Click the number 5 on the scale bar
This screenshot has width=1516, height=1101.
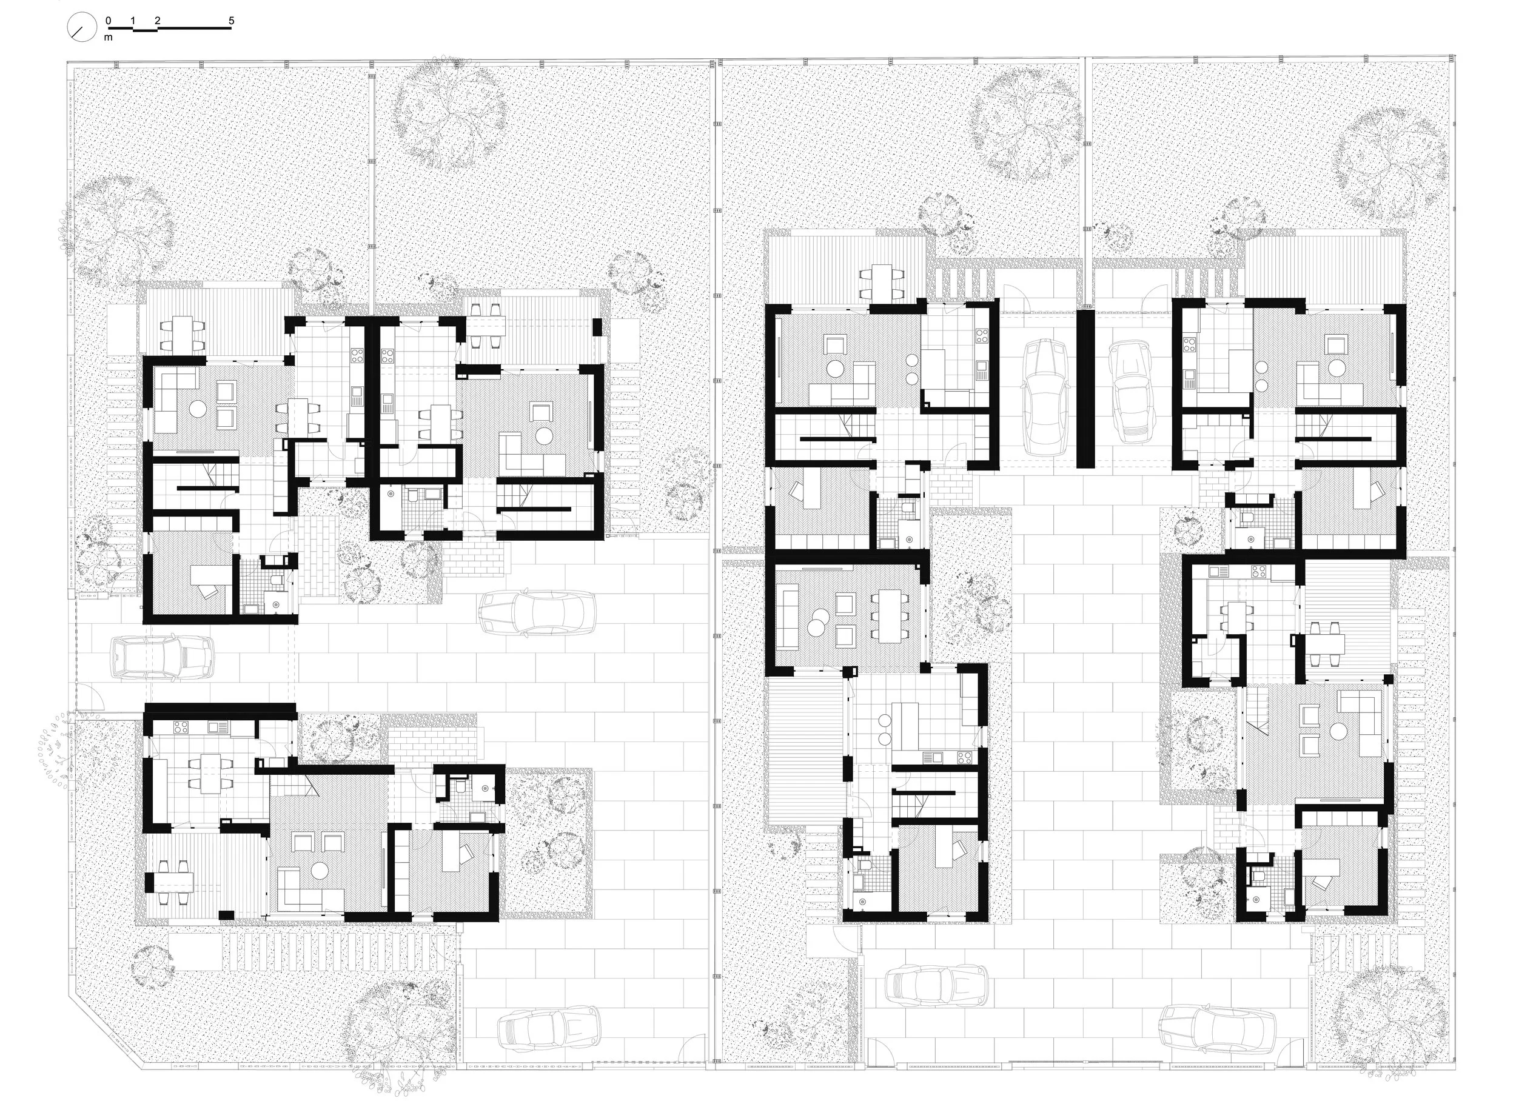point(231,21)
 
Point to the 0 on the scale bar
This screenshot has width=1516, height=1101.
point(109,21)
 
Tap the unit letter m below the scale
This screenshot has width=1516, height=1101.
point(109,38)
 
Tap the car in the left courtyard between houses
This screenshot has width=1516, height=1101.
point(537,613)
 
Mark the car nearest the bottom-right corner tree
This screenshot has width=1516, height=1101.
point(1215,1035)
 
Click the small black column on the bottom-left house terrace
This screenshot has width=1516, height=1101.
point(227,914)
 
